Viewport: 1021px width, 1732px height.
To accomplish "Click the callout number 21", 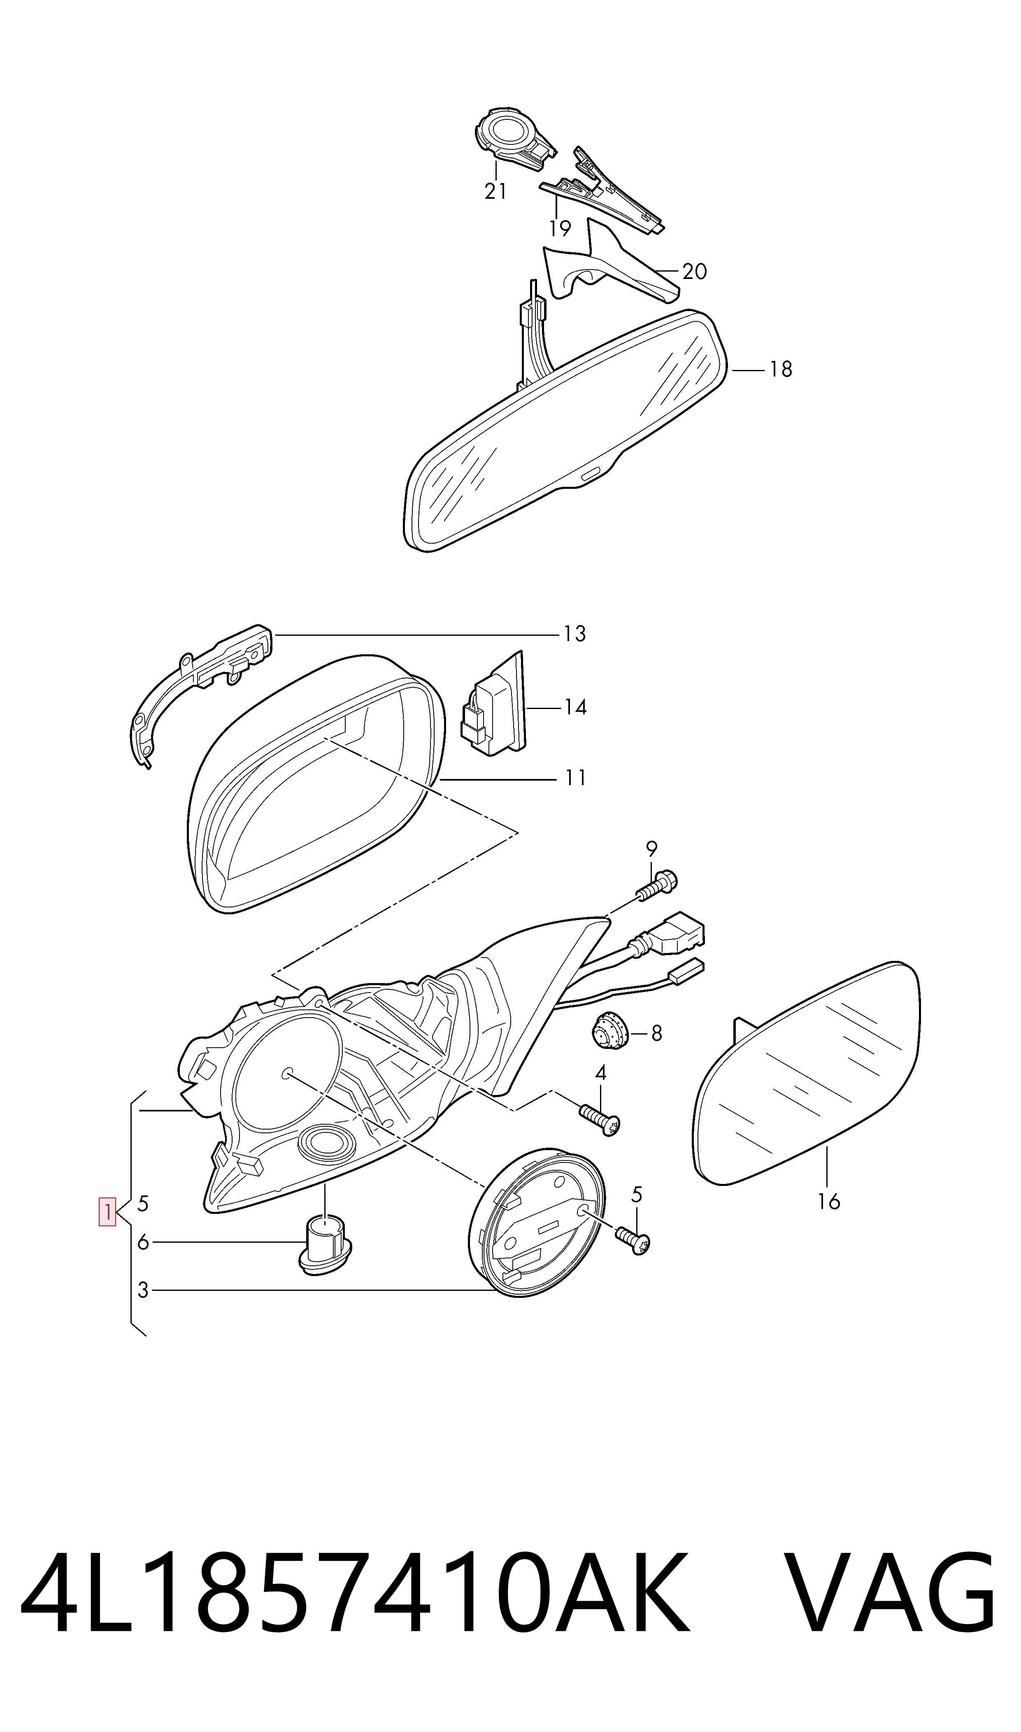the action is click(x=495, y=191).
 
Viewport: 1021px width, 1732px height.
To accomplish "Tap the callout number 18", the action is click(x=781, y=370).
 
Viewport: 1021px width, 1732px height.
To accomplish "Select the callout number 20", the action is click(x=695, y=272).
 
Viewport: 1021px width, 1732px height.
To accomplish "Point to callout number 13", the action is click(x=574, y=634).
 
